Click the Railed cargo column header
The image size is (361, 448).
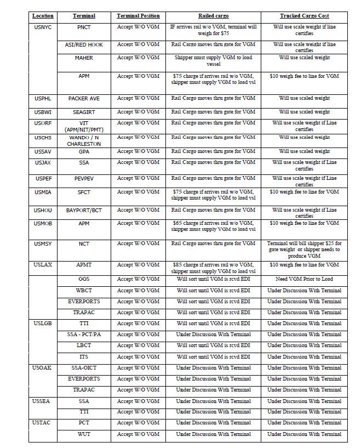213,16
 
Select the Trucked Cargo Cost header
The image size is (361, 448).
304,16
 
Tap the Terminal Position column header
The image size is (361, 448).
138,16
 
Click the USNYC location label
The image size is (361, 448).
43,27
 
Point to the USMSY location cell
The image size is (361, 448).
43,243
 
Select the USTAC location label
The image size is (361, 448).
43,423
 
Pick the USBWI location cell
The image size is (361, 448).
43,112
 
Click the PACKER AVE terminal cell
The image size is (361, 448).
84,98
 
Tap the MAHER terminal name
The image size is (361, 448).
84,58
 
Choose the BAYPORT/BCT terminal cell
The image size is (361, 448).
84,210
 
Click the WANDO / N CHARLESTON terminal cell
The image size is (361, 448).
84,140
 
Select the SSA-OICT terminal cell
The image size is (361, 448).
84,368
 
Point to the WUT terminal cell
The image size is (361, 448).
84,434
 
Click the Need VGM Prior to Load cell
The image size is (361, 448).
304,279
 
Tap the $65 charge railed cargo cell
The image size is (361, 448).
213,226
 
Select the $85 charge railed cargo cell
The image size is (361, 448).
213,268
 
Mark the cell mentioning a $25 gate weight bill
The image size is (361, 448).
304,249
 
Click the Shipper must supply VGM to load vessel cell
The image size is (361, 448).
213,60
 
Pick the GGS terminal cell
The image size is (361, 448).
84,279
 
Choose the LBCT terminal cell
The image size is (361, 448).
84,345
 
